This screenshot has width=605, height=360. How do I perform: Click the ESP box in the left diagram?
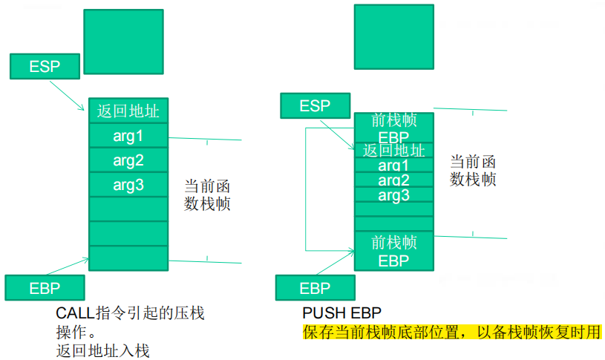tap(45, 66)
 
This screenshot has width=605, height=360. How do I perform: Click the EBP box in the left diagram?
tap(45, 287)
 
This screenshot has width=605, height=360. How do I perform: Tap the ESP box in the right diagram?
tap(315, 106)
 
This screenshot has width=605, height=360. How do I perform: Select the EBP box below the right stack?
tap(315, 287)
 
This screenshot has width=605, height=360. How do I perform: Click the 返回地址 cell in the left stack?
tap(128, 111)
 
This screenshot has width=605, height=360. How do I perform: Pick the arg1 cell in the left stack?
tap(128, 136)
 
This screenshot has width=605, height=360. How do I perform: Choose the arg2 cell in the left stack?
tap(128, 160)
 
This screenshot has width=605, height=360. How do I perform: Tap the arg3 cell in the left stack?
tap(128, 185)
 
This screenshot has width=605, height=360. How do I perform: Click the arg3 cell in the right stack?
tap(393, 195)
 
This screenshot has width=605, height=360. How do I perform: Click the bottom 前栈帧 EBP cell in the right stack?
tap(393, 251)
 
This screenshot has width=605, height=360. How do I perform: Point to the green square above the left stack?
tap(123, 42)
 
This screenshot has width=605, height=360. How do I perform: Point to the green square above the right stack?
tap(393, 37)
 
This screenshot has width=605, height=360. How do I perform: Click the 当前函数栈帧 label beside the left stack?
tap(207, 194)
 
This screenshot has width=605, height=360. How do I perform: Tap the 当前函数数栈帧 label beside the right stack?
tap(473, 170)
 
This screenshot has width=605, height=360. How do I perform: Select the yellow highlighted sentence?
tap(451, 332)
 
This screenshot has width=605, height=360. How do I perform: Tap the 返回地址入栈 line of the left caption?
tap(102, 350)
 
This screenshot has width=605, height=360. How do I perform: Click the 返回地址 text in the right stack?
tap(393, 151)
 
